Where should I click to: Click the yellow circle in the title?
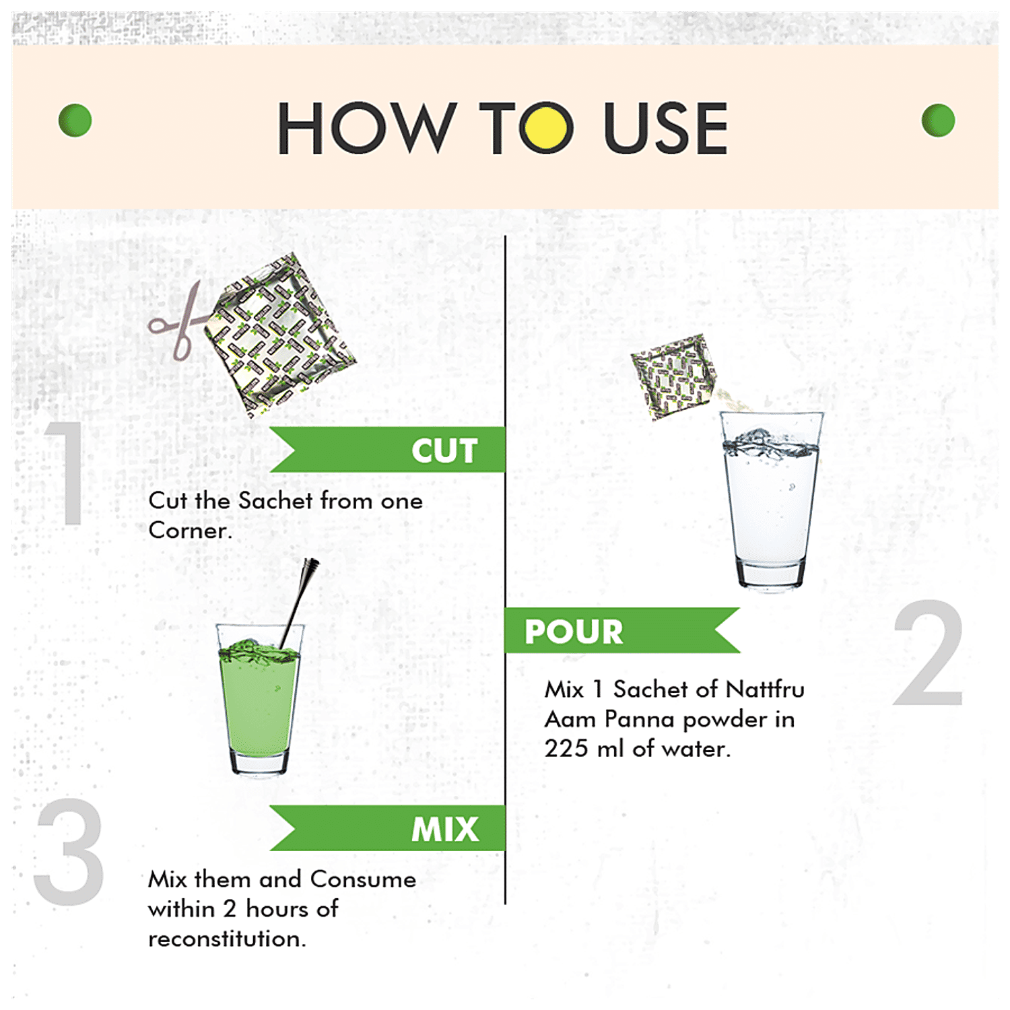pos(547,127)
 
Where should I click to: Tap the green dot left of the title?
pos(75,121)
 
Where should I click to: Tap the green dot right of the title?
pos(937,121)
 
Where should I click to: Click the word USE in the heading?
pos(665,128)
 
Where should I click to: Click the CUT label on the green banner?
pos(444,450)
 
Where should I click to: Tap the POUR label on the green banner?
pos(574,632)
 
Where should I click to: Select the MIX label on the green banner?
pos(445,829)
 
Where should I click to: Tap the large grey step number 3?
pos(69,852)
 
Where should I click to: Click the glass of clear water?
pos(770,502)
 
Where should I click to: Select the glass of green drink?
pos(259,704)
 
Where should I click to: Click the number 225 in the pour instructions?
pos(566,749)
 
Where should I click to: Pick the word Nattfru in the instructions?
pos(765,689)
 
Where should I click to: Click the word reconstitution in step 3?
pos(227,939)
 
